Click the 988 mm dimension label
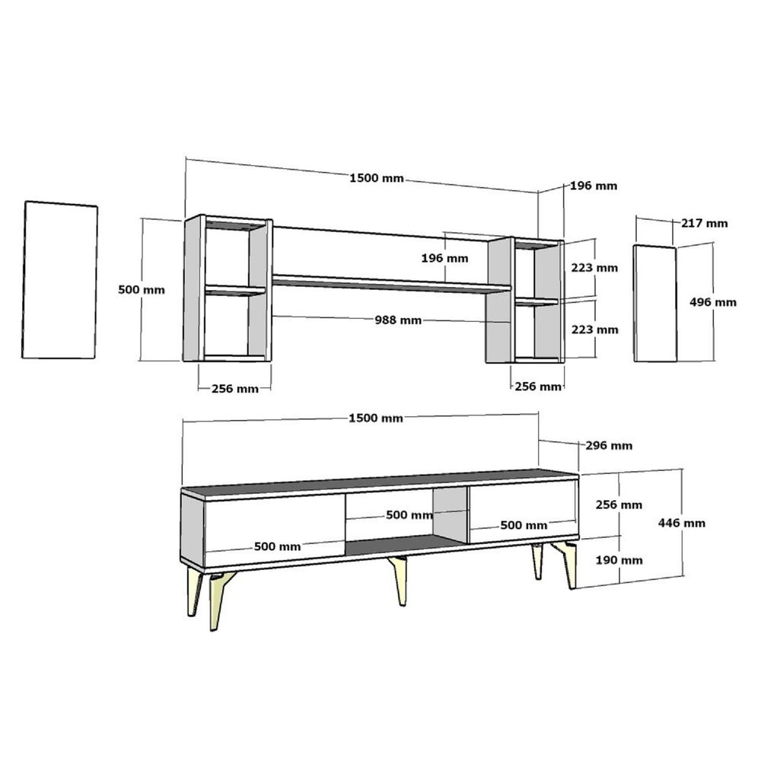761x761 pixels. (398, 320)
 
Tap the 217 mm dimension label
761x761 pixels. (704, 223)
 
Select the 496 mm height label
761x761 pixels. (713, 302)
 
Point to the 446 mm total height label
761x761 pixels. (681, 524)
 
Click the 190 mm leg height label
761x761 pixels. (619, 561)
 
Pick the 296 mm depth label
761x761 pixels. (609, 445)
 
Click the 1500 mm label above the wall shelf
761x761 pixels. (377, 178)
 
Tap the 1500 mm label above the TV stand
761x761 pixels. (376, 419)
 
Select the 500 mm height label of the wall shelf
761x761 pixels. (142, 290)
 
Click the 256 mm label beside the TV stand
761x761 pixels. (619, 505)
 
